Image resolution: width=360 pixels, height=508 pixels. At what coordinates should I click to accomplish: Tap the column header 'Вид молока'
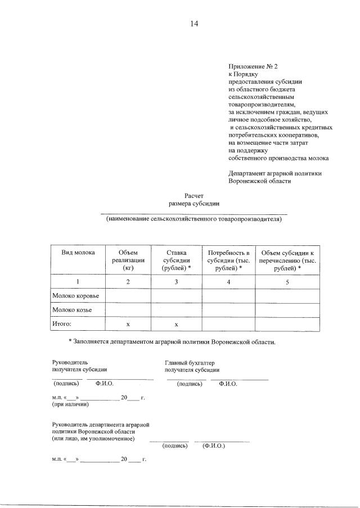click(x=78, y=253)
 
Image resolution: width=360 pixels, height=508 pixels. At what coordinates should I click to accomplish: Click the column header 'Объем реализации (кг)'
click(x=128, y=260)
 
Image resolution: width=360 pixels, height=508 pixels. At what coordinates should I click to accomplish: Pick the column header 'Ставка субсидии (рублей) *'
click(x=176, y=260)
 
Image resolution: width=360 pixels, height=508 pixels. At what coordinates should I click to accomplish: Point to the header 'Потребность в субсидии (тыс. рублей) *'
click(x=228, y=260)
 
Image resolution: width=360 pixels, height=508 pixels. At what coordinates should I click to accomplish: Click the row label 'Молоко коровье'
click(x=75, y=295)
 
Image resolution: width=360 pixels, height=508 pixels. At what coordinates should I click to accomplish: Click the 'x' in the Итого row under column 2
click(x=128, y=325)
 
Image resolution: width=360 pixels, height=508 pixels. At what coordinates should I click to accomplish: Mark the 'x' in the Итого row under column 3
click(x=176, y=325)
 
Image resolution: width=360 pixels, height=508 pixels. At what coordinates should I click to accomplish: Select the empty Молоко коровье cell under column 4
click(x=228, y=295)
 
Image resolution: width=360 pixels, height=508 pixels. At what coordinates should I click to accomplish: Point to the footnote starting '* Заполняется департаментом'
click(x=172, y=341)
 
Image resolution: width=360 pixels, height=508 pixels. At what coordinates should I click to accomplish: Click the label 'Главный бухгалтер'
click(x=190, y=362)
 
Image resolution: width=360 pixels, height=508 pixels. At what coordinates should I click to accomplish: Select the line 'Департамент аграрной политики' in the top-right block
click(x=275, y=173)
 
